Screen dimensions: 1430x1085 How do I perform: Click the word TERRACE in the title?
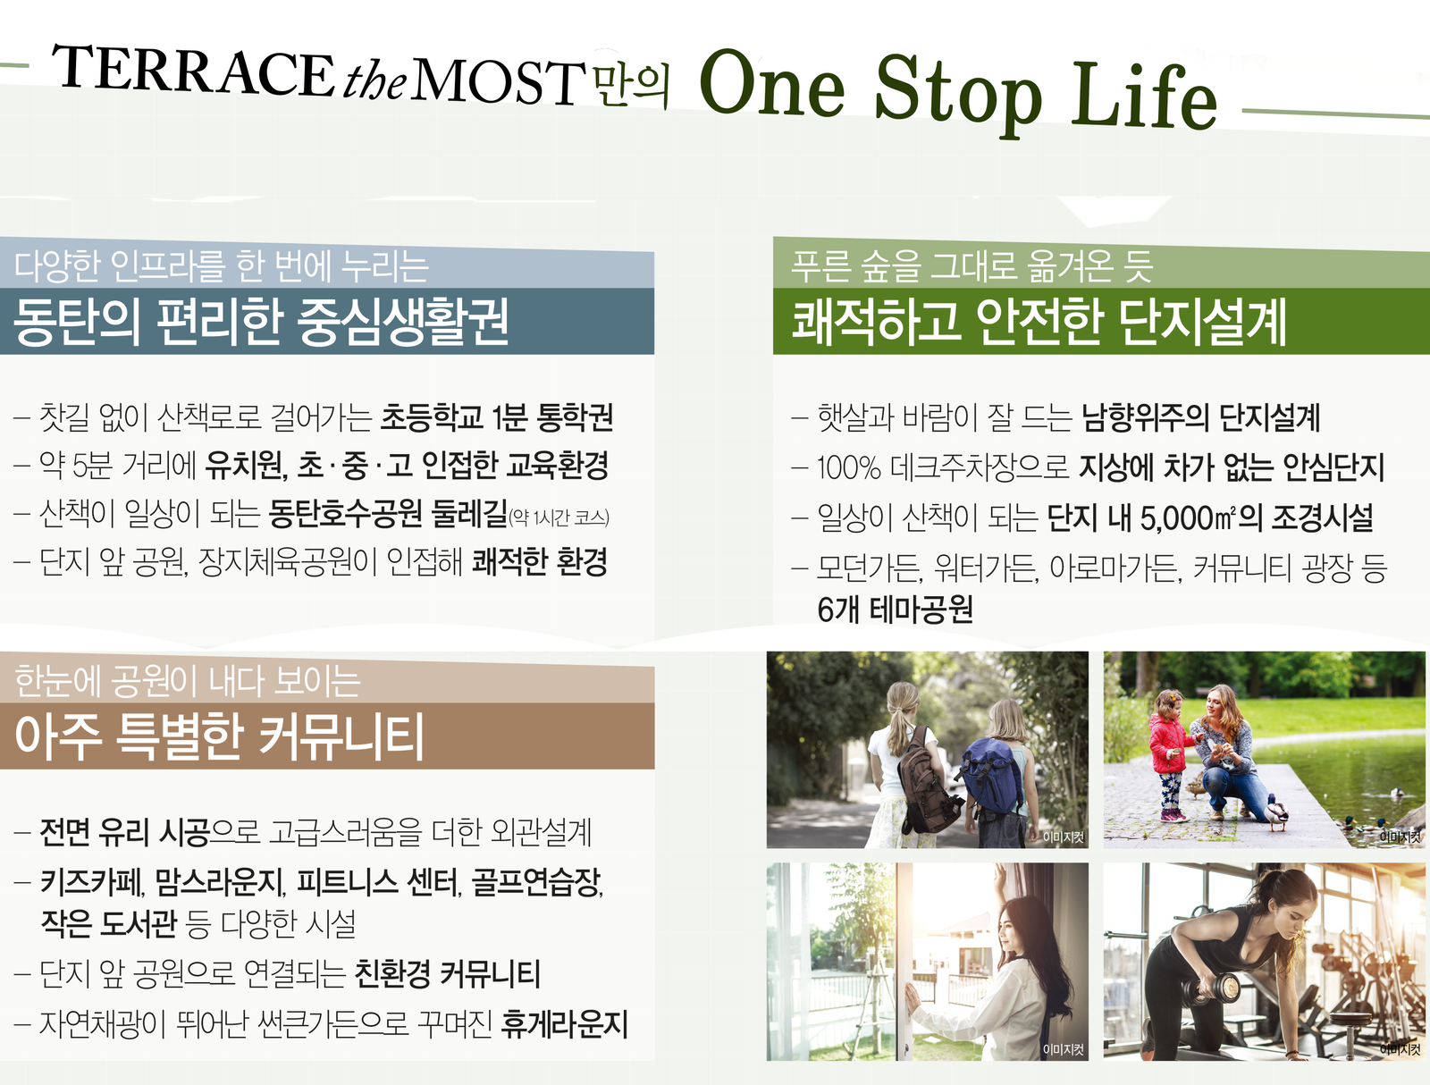coord(193,71)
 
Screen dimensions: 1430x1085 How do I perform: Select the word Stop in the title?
coord(957,95)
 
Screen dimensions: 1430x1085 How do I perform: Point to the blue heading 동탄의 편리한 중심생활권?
coord(261,322)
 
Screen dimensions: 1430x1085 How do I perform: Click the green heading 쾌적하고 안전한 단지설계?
coord(1039,321)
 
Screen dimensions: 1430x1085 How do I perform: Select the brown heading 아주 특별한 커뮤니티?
coord(219,736)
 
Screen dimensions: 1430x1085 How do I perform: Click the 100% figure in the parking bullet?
coord(849,467)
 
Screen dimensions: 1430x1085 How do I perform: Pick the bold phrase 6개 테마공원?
coord(896,610)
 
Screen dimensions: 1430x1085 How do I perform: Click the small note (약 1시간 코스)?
coord(559,517)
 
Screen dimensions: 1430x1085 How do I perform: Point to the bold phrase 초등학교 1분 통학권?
coord(496,417)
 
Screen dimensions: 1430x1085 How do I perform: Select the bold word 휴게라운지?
coord(564,1024)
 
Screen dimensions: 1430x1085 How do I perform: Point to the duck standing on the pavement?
coord(1275,814)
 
